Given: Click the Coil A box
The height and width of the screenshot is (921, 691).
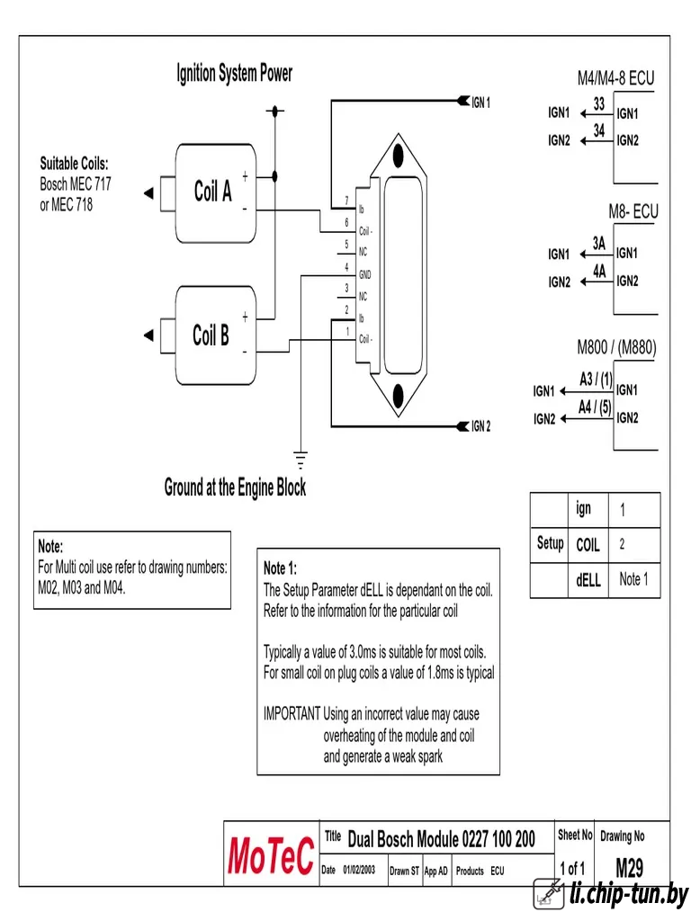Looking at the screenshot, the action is (216, 193).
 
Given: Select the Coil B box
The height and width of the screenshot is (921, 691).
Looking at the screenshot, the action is (216, 335).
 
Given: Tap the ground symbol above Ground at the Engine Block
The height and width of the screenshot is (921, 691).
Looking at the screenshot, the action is (301, 460).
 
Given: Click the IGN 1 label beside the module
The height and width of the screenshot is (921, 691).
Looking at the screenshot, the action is (480, 103).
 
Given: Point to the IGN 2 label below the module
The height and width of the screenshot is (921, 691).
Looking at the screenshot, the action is (480, 426).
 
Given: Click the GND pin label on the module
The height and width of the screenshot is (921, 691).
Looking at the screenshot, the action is (365, 274).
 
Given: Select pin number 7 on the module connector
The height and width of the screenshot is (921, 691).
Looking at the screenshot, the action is (346, 201).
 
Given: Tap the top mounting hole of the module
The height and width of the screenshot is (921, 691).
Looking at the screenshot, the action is (399, 156).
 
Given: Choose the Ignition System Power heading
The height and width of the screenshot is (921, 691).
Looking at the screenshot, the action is (234, 74).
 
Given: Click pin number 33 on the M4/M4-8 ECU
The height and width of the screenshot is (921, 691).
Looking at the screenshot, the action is (598, 104).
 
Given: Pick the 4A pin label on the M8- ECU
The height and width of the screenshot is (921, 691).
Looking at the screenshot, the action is (598, 272).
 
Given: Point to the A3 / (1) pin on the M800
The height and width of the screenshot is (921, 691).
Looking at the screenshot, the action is (596, 380).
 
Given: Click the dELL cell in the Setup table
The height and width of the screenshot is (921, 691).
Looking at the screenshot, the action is (588, 580).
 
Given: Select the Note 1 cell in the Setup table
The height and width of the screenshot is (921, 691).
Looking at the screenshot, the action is (633, 579).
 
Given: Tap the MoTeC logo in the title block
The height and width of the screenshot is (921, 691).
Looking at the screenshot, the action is (271, 855).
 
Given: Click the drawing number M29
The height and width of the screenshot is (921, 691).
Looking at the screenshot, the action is (629, 868).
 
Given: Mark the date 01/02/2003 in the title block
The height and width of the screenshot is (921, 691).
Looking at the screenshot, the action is (359, 870).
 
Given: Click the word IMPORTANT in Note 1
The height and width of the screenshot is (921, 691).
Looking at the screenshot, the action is (292, 713).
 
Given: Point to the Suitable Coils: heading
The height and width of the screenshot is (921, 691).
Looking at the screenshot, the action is (74, 164).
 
